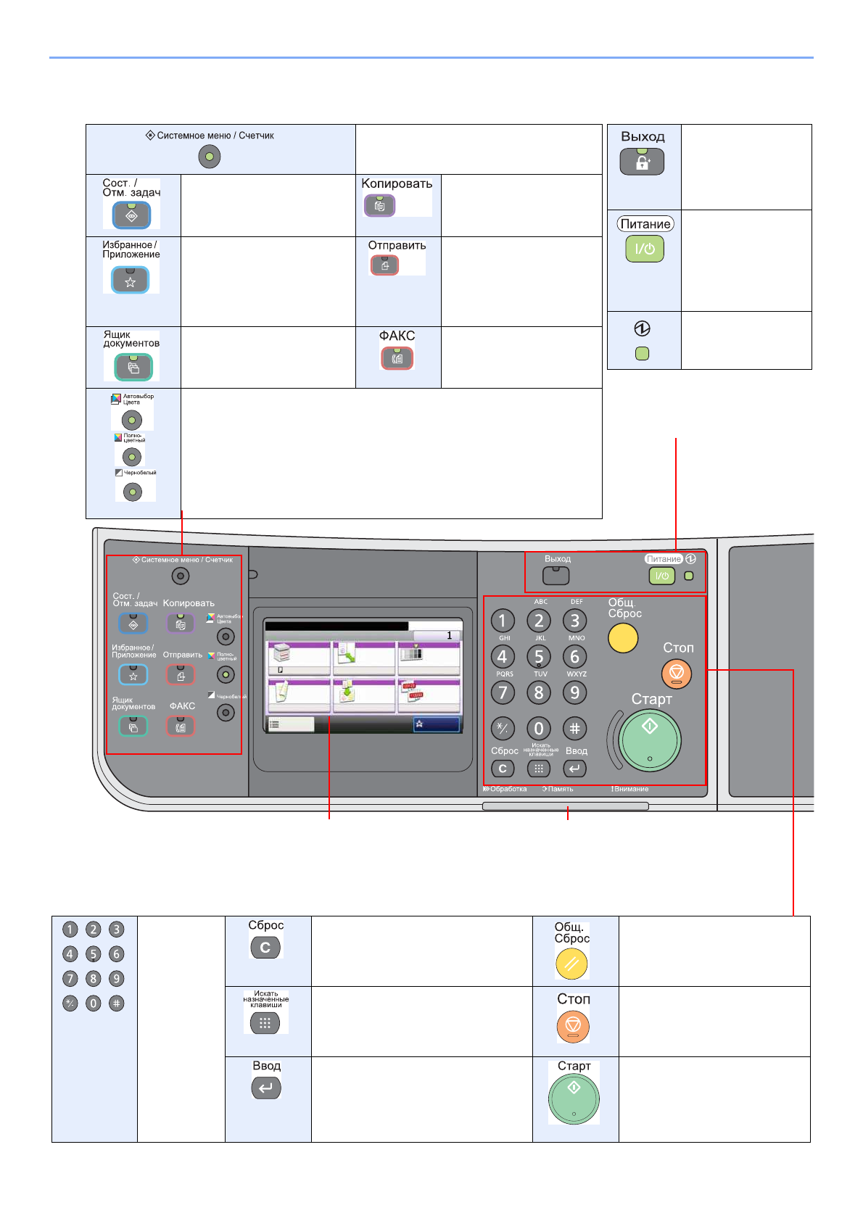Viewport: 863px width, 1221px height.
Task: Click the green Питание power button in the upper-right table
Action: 644,249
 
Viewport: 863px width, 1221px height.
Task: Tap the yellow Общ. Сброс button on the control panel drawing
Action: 623,638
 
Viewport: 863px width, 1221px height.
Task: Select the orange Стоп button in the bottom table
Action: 573,1026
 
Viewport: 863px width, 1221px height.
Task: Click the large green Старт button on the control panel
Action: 650,740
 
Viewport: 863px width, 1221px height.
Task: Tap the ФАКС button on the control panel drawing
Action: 181,726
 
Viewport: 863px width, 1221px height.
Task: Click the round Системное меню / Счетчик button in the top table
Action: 210,157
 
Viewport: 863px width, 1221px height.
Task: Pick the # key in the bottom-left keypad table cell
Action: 116,1003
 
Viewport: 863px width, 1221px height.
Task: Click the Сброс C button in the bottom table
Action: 265,947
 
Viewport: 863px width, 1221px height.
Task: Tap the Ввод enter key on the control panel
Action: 574,769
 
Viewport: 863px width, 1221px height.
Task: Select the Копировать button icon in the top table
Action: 379,206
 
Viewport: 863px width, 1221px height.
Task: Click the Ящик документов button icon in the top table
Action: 133,368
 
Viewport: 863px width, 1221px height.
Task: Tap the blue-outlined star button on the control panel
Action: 133,675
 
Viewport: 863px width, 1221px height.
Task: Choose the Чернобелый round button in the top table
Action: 133,492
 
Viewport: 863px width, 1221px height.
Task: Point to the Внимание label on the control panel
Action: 630,789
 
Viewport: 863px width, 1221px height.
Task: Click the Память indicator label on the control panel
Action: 559,789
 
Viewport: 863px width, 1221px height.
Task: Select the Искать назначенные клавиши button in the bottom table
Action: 265,1023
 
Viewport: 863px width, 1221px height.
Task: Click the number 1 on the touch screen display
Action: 449,635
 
